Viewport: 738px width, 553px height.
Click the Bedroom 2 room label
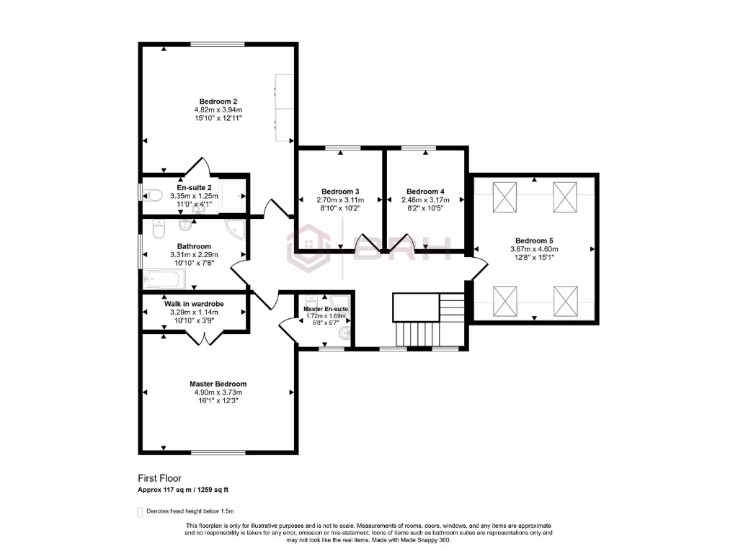[x=218, y=102]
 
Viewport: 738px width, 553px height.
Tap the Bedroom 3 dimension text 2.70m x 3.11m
[x=343, y=199]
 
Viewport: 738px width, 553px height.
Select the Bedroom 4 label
[x=425, y=192]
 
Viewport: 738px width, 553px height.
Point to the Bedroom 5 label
[x=534, y=240]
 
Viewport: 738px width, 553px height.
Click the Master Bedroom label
[x=218, y=384]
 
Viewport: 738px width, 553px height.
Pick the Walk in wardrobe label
[x=194, y=304]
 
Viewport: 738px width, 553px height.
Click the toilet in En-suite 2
[x=151, y=194]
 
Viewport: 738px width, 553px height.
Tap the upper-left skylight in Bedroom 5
[x=504, y=197]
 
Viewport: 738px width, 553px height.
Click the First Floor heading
[x=159, y=477]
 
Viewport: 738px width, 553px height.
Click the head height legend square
[x=141, y=512]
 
